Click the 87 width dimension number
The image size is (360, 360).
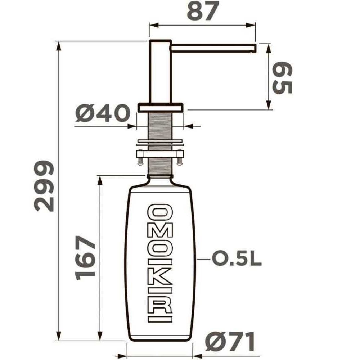tap(203, 11)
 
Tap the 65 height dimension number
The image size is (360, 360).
tap(282, 78)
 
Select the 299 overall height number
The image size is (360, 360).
tap(44, 186)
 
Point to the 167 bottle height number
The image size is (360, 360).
tap(85, 258)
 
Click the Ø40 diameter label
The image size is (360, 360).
tap(103, 113)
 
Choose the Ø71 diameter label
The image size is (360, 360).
tap(230, 342)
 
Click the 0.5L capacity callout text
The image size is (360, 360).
tap(237, 259)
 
